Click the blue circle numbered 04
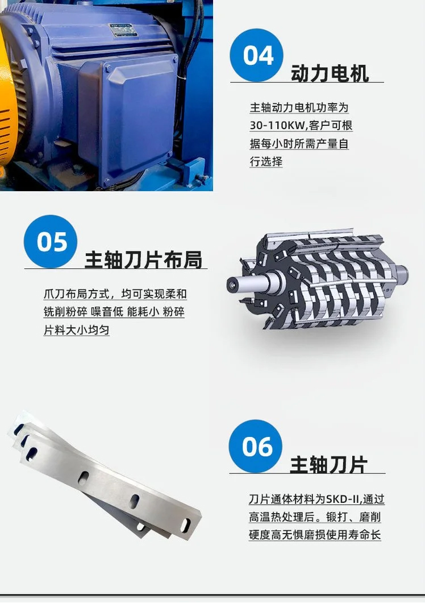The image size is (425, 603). pyautogui.click(x=257, y=55)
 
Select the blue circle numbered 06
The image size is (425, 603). pyautogui.click(x=256, y=446)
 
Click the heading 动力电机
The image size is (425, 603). pyautogui.click(x=330, y=73)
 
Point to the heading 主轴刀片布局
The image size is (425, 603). pyautogui.click(x=143, y=259)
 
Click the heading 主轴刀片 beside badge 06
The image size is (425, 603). pyautogui.click(x=328, y=464)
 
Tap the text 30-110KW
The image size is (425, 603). pyautogui.click(x=277, y=126)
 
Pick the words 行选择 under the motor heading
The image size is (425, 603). pyautogui.click(x=266, y=161)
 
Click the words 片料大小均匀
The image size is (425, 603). pyautogui.click(x=77, y=329)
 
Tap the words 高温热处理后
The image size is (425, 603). pyautogui.click(x=282, y=517)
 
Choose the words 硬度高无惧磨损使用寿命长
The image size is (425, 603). pyautogui.click(x=315, y=535)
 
